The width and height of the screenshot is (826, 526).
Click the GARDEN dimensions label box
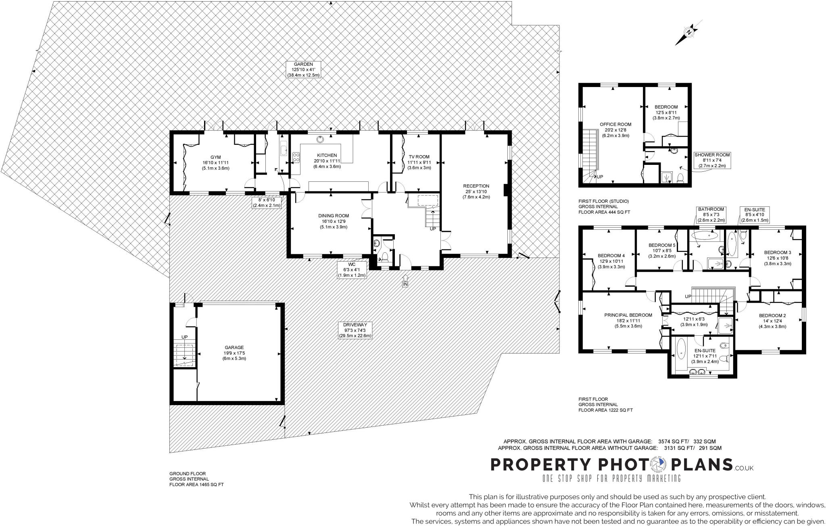point(303,70)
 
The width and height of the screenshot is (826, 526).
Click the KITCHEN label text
point(327,156)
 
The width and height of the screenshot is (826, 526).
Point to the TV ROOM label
point(419,157)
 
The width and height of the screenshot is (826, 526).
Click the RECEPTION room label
point(476,186)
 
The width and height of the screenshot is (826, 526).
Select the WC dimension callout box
point(352,270)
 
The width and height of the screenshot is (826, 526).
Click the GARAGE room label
point(234,347)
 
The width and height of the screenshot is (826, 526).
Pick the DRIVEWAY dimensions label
point(355,330)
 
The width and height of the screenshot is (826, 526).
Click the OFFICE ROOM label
point(615,125)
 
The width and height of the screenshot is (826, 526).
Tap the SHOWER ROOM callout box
point(712,160)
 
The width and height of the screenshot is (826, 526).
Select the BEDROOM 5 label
point(661,245)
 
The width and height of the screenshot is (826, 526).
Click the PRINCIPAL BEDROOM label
point(628,315)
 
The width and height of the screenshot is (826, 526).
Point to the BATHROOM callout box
point(711,215)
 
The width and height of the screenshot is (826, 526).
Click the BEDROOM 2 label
point(772,316)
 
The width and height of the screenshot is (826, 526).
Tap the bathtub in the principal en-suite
point(681,349)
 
